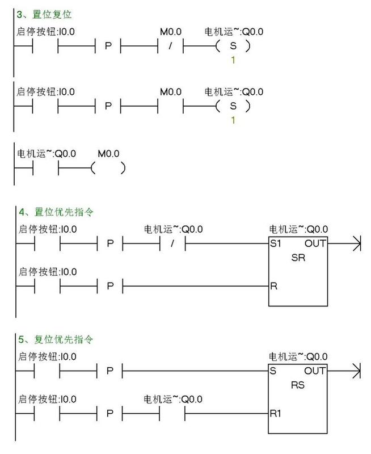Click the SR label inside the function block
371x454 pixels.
298,257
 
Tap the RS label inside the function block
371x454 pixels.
298,384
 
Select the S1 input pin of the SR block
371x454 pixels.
276,244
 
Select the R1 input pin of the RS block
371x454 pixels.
276,414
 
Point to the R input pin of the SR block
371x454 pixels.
274,286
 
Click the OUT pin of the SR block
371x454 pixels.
315,244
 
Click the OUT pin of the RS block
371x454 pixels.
315,371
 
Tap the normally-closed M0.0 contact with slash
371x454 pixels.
170,46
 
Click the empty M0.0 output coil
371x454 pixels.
108,169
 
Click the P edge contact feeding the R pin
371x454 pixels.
110,286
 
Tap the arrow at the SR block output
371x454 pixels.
356,244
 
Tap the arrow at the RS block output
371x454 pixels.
356,371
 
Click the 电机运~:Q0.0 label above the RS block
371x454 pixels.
298,357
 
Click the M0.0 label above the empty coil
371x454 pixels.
109,153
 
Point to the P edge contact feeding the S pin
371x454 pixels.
110,371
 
